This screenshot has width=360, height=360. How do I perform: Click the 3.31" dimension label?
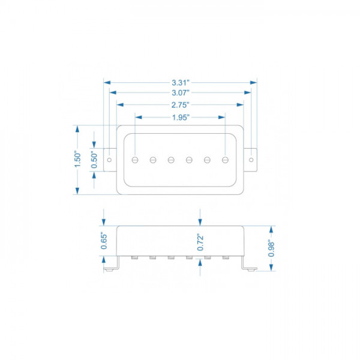[180, 82]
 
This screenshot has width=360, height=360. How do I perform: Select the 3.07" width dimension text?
[180, 93]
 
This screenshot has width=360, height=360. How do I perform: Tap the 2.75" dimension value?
[180, 104]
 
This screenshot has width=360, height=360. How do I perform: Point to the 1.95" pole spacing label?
[180, 117]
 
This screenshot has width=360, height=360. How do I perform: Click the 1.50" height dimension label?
[77, 160]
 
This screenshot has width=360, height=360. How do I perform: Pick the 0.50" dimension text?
[94, 160]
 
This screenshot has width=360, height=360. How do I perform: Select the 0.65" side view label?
[103, 241]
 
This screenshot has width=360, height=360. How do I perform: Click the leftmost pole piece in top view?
[135, 160]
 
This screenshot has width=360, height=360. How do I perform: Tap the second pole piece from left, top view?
[153, 160]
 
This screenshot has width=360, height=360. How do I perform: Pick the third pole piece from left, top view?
[171, 160]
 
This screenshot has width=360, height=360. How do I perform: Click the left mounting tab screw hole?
[109, 160]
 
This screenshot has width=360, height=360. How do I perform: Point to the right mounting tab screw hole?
[251, 160]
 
